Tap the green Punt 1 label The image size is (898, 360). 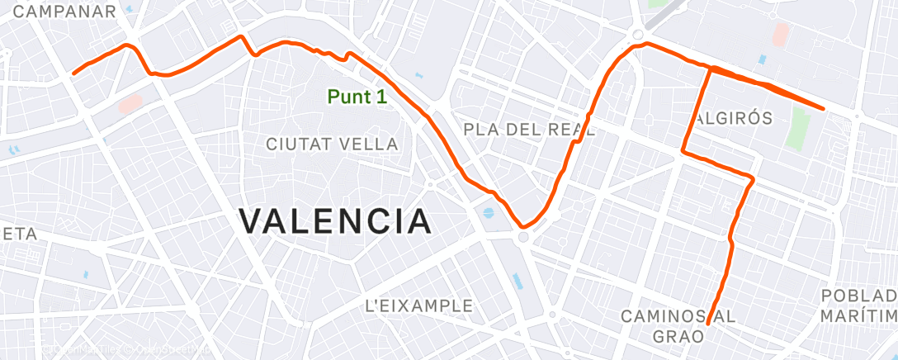tap(357, 97)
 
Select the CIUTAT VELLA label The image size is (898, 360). tap(332, 144)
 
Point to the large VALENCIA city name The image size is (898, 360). tap(335, 221)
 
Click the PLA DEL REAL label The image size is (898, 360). tap(529, 130)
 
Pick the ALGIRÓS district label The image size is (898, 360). tap(732, 118)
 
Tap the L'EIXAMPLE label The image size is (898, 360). tap(418, 306)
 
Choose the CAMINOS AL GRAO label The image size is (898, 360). tap(677, 326)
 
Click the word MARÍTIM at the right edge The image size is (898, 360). tap(858, 317)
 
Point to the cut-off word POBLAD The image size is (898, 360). tap(859, 296)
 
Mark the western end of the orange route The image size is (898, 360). tap(73, 73)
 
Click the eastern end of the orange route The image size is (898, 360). tap(824, 108)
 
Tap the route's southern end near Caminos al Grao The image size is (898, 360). tap(709, 323)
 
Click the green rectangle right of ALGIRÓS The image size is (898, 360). tap(797, 124)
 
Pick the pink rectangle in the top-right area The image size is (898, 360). tap(780, 34)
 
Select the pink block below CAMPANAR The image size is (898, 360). tap(130, 102)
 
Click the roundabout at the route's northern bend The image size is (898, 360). tap(638, 35)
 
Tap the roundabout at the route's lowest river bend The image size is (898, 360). tap(524, 238)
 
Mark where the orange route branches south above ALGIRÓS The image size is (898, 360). tap(711, 69)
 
